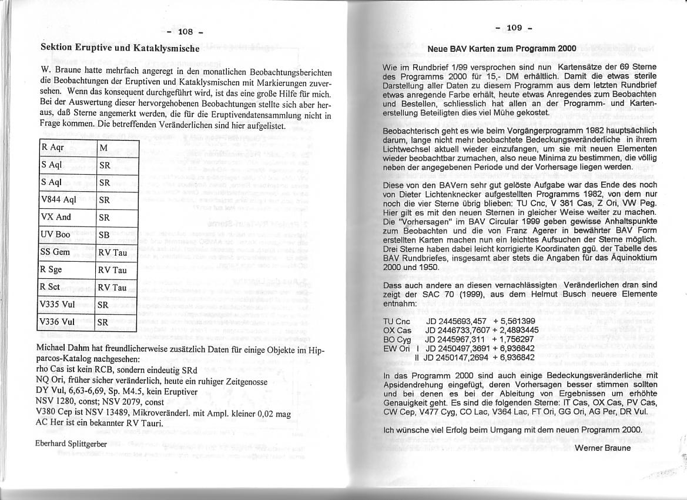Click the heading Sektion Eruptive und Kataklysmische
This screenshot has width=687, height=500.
(x=119, y=48)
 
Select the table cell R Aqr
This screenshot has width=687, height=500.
(x=52, y=148)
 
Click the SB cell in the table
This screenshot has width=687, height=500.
(x=105, y=235)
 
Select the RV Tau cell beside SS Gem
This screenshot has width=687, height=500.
(x=112, y=252)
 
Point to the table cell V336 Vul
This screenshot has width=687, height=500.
(x=57, y=322)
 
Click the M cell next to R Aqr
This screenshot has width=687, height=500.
(x=103, y=148)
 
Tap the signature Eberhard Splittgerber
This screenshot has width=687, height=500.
(x=71, y=444)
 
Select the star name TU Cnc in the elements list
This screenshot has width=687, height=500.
(x=397, y=321)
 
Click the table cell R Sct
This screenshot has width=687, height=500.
(x=51, y=286)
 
